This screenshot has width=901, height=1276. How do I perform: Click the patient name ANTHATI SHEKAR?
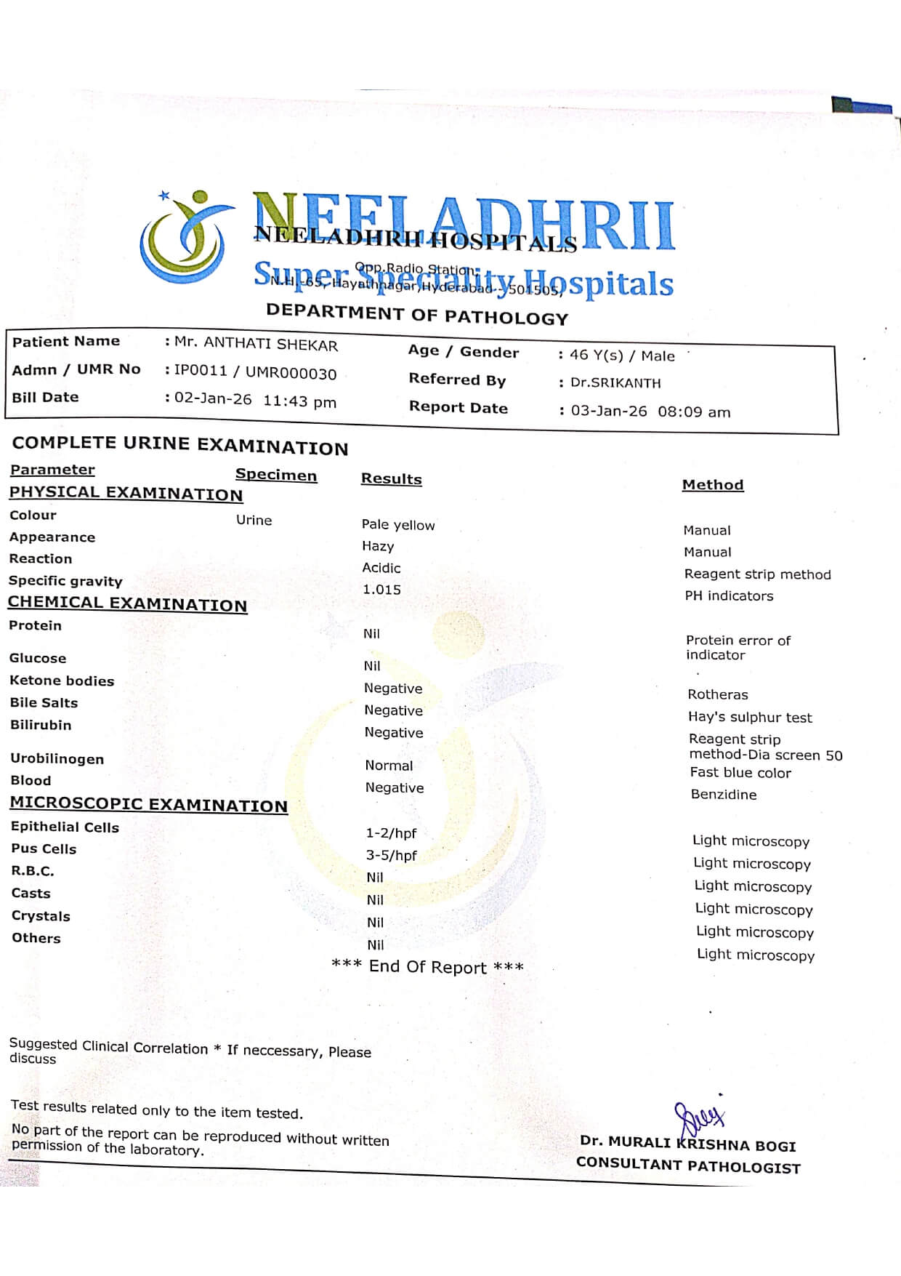coord(256,344)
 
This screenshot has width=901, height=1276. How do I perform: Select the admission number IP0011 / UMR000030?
coord(255,372)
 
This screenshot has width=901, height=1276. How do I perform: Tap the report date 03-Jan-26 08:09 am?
coord(650,412)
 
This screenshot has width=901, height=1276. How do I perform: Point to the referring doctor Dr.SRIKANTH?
coord(615,383)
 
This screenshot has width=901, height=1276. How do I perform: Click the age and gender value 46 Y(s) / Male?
coord(622,356)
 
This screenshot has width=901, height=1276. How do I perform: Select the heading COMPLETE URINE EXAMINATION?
coord(180,445)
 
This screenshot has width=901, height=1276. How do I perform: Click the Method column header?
coord(713,485)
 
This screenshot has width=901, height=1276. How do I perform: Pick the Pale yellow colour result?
coord(398,525)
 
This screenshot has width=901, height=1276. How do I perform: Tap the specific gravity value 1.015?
coord(381,590)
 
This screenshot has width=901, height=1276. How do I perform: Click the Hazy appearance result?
coord(378,546)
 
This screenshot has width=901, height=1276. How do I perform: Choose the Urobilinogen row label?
coord(57,759)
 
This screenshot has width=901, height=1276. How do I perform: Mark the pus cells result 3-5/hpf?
coord(391,856)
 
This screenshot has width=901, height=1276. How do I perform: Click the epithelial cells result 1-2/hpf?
coord(391,833)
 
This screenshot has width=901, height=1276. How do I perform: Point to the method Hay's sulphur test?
coord(750,718)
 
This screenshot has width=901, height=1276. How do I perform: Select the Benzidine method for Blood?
coord(724,795)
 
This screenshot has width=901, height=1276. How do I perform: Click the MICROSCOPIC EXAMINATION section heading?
coord(148,804)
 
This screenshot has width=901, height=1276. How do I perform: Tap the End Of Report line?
coord(427,967)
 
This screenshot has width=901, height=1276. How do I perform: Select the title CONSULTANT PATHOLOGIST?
coord(688,1166)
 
